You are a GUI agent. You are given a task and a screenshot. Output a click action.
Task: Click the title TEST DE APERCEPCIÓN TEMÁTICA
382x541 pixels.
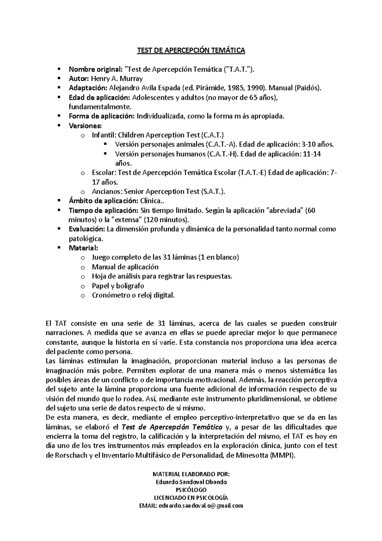click(191, 50)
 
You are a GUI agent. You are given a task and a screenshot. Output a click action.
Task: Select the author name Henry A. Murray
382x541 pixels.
click(117, 79)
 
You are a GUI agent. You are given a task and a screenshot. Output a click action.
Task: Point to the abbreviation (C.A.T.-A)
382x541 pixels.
click(221, 144)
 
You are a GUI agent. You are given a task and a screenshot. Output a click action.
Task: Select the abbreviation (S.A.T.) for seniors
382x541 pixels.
click(213, 191)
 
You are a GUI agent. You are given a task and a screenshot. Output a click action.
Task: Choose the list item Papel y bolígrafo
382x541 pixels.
click(118, 286)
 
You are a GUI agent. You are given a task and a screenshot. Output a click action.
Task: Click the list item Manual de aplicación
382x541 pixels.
click(125, 267)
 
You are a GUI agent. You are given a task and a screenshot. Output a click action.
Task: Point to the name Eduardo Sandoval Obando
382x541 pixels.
click(191, 482)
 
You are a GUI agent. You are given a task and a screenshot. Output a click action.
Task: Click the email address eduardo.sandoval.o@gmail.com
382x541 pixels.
click(201, 506)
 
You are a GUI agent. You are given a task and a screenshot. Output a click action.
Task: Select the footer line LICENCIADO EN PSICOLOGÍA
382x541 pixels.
click(191, 498)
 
